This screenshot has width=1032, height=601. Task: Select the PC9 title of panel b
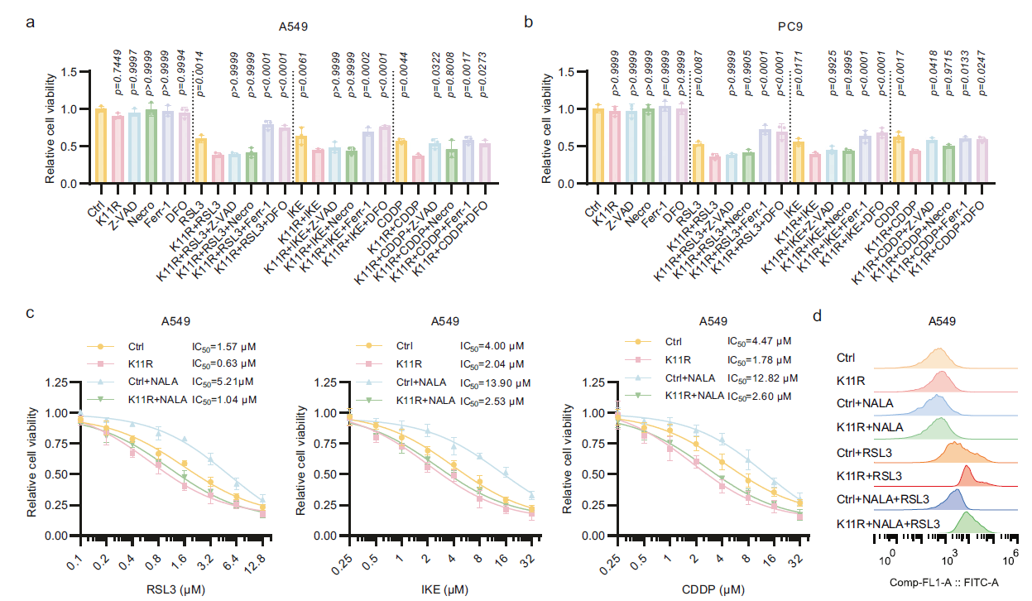click(x=790, y=26)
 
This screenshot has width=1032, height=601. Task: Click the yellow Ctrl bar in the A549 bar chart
click(x=101, y=146)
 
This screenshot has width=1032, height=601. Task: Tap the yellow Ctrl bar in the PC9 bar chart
click(x=598, y=146)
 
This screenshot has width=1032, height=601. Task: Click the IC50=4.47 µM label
click(x=761, y=341)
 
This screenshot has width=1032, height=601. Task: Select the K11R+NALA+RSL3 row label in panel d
click(x=888, y=523)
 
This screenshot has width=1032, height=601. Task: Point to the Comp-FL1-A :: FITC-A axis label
click(x=943, y=582)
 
